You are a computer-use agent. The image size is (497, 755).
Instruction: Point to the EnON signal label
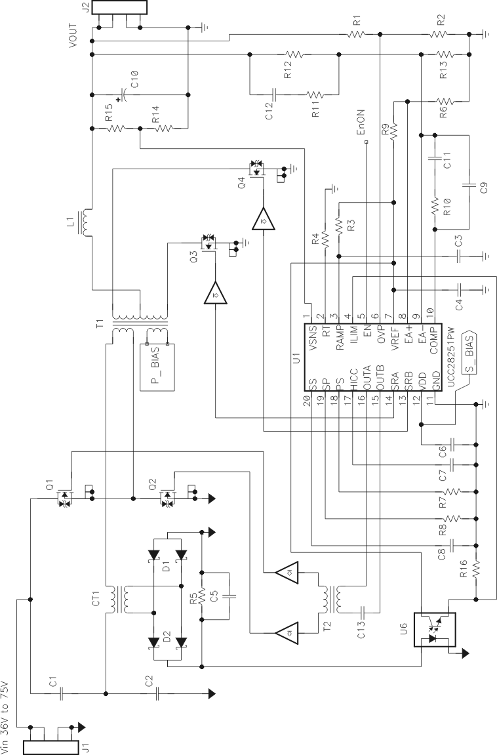pyautogui.click(x=360, y=124)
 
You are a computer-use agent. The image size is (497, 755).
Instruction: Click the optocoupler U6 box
pyautogui.click(x=434, y=630)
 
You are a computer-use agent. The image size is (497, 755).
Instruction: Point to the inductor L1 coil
pyautogui.click(x=84, y=223)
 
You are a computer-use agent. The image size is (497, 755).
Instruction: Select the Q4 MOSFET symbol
pyautogui.click(x=256, y=169)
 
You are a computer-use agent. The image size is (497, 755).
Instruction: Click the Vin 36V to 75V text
pyautogui.click(x=7, y=715)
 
